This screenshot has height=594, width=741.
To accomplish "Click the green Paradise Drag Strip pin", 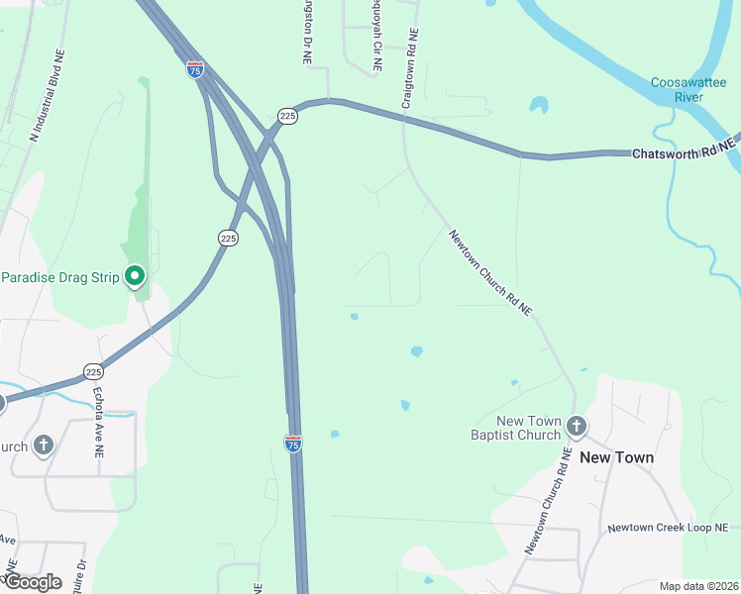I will [136, 277].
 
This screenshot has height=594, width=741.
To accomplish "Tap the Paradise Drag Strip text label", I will [59, 276].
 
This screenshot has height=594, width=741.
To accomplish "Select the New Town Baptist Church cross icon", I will [577, 428].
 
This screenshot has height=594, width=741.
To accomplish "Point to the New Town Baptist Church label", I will [515, 428].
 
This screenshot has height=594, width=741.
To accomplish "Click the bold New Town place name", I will [616, 457].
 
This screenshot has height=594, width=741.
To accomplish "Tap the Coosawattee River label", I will [677, 89].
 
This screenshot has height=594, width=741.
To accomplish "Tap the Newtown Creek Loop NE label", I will [668, 529].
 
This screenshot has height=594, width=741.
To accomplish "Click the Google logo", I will [33, 582].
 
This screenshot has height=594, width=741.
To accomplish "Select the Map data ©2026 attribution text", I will [698, 586].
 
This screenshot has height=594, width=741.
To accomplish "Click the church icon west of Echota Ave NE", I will [43, 445].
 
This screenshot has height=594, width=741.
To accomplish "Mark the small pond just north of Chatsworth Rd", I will [538, 104].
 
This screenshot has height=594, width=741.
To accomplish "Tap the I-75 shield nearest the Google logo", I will [293, 444].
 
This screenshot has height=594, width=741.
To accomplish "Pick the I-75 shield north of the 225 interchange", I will [195, 69].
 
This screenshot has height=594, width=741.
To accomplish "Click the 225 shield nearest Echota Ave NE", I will [94, 371].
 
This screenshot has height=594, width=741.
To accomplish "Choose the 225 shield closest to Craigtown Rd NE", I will [287, 116].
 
